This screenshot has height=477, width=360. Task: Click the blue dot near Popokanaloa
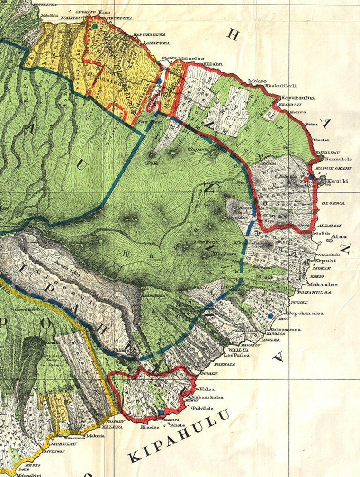(270, 316)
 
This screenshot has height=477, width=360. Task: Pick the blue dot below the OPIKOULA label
(95, 27)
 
